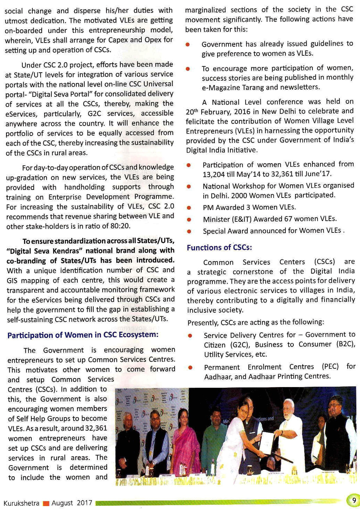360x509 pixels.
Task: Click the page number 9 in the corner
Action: pos(354,501)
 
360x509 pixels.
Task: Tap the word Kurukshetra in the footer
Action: pos(21,503)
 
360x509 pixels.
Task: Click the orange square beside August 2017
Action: pos(46,503)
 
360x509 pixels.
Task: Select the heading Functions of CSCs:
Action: pos(219,248)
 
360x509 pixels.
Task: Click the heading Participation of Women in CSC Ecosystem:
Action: pos(83,335)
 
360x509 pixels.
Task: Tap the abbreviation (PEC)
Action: pos(330,367)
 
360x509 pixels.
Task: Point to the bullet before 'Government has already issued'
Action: pos(188,45)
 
